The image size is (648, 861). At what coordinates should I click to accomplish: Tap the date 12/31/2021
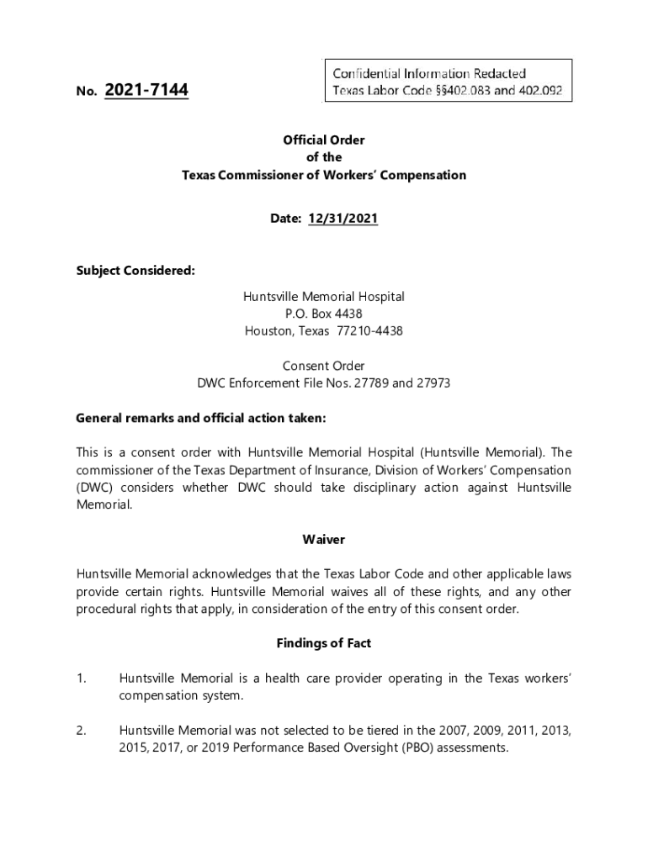tap(343, 219)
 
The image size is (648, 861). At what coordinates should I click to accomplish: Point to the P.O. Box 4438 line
tap(324, 314)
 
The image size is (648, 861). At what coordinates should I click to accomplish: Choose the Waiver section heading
tap(324, 539)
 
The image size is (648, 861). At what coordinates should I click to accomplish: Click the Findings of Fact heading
tap(324, 643)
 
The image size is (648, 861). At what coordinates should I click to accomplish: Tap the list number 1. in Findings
tap(82, 678)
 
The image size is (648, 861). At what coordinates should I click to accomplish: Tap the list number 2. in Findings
tap(82, 730)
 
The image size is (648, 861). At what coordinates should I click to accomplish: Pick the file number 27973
tap(433, 383)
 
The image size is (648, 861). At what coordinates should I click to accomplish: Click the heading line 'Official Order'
tap(324, 140)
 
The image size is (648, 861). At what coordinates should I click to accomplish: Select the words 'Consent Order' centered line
tap(324, 366)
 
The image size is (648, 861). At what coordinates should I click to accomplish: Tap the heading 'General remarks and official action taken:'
tap(200, 418)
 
